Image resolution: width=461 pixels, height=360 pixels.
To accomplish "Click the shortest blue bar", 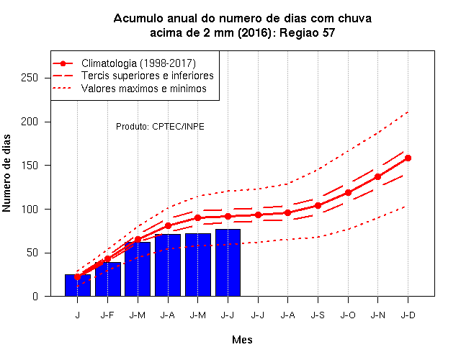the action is tap(78, 285).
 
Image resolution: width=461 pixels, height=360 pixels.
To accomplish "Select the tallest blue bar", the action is tap(228, 262).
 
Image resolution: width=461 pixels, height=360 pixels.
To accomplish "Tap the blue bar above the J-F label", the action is tap(108, 279).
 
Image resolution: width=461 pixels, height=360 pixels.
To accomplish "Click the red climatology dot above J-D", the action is tap(408, 158).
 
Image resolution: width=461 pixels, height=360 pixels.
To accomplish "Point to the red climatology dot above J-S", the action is tap(318, 205).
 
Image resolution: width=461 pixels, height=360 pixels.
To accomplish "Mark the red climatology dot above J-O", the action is tap(348, 192).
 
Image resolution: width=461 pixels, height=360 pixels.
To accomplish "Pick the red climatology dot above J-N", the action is tap(377, 176).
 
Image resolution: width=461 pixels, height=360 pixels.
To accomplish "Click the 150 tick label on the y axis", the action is tap(30, 165).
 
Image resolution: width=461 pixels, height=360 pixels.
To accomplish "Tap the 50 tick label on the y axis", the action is tap(32, 253).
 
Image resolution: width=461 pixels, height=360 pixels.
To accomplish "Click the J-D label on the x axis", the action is tap(408, 315).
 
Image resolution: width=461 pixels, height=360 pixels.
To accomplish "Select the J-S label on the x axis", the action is tap(318, 315).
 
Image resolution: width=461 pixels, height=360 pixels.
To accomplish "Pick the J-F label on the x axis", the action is tap(107, 315).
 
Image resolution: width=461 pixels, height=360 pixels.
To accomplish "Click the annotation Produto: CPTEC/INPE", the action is tap(160, 127).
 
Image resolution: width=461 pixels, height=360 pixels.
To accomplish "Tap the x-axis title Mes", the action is tap(242, 340).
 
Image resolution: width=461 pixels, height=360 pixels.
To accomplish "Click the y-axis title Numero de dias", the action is tap(6, 173).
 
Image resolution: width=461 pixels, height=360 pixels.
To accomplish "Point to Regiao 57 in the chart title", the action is tap(307, 32).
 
